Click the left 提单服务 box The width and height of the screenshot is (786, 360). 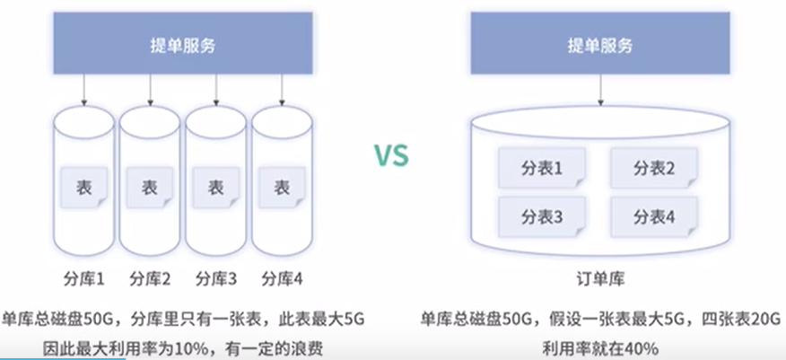pyautogui.click(x=183, y=45)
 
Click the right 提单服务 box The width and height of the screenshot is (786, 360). pyautogui.click(x=601, y=45)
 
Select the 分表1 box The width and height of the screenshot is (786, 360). pyautogui.click(x=541, y=167)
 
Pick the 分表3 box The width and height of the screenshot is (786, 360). pyautogui.click(x=541, y=216)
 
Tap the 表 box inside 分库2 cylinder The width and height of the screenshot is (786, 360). pyautogui.click(x=150, y=188)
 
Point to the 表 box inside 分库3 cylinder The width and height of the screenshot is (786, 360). pyautogui.click(x=215, y=188)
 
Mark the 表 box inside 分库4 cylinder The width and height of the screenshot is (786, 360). pyautogui.click(x=281, y=188)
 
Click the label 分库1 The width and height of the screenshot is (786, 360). pyautogui.click(x=85, y=277)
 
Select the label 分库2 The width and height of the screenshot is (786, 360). pyautogui.click(x=151, y=277)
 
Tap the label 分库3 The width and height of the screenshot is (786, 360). pyautogui.click(x=216, y=277)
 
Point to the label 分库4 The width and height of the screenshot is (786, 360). pyautogui.click(x=282, y=277)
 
